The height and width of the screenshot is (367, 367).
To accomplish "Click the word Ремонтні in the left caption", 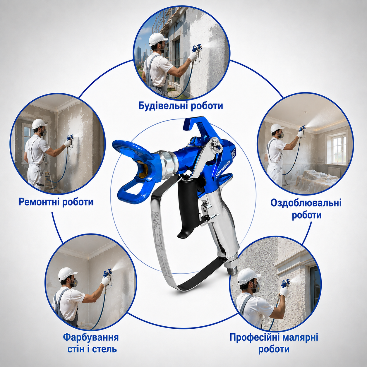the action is pos(39,202).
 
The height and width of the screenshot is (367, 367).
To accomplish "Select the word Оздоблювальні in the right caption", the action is pos(306,203).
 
